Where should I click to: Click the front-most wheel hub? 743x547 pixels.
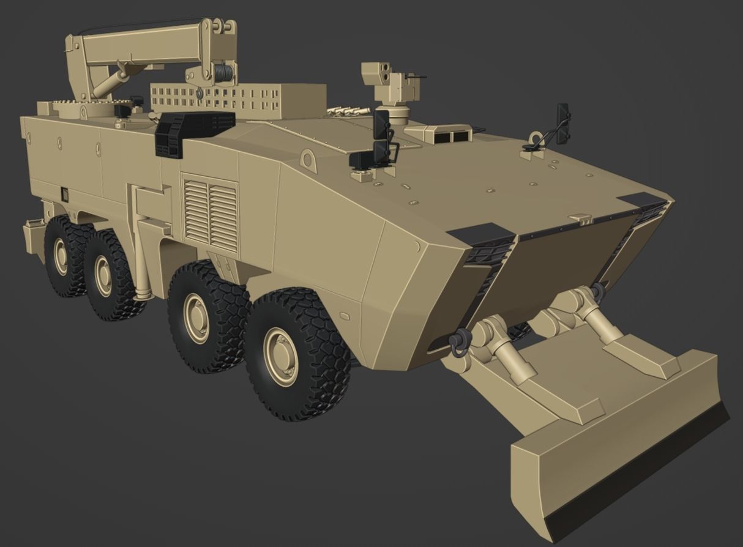pyautogui.click(x=282, y=357)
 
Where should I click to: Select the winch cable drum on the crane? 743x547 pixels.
pyautogui.click(x=223, y=74)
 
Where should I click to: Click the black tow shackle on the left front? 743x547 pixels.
pyautogui.click(x=458, y=342)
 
